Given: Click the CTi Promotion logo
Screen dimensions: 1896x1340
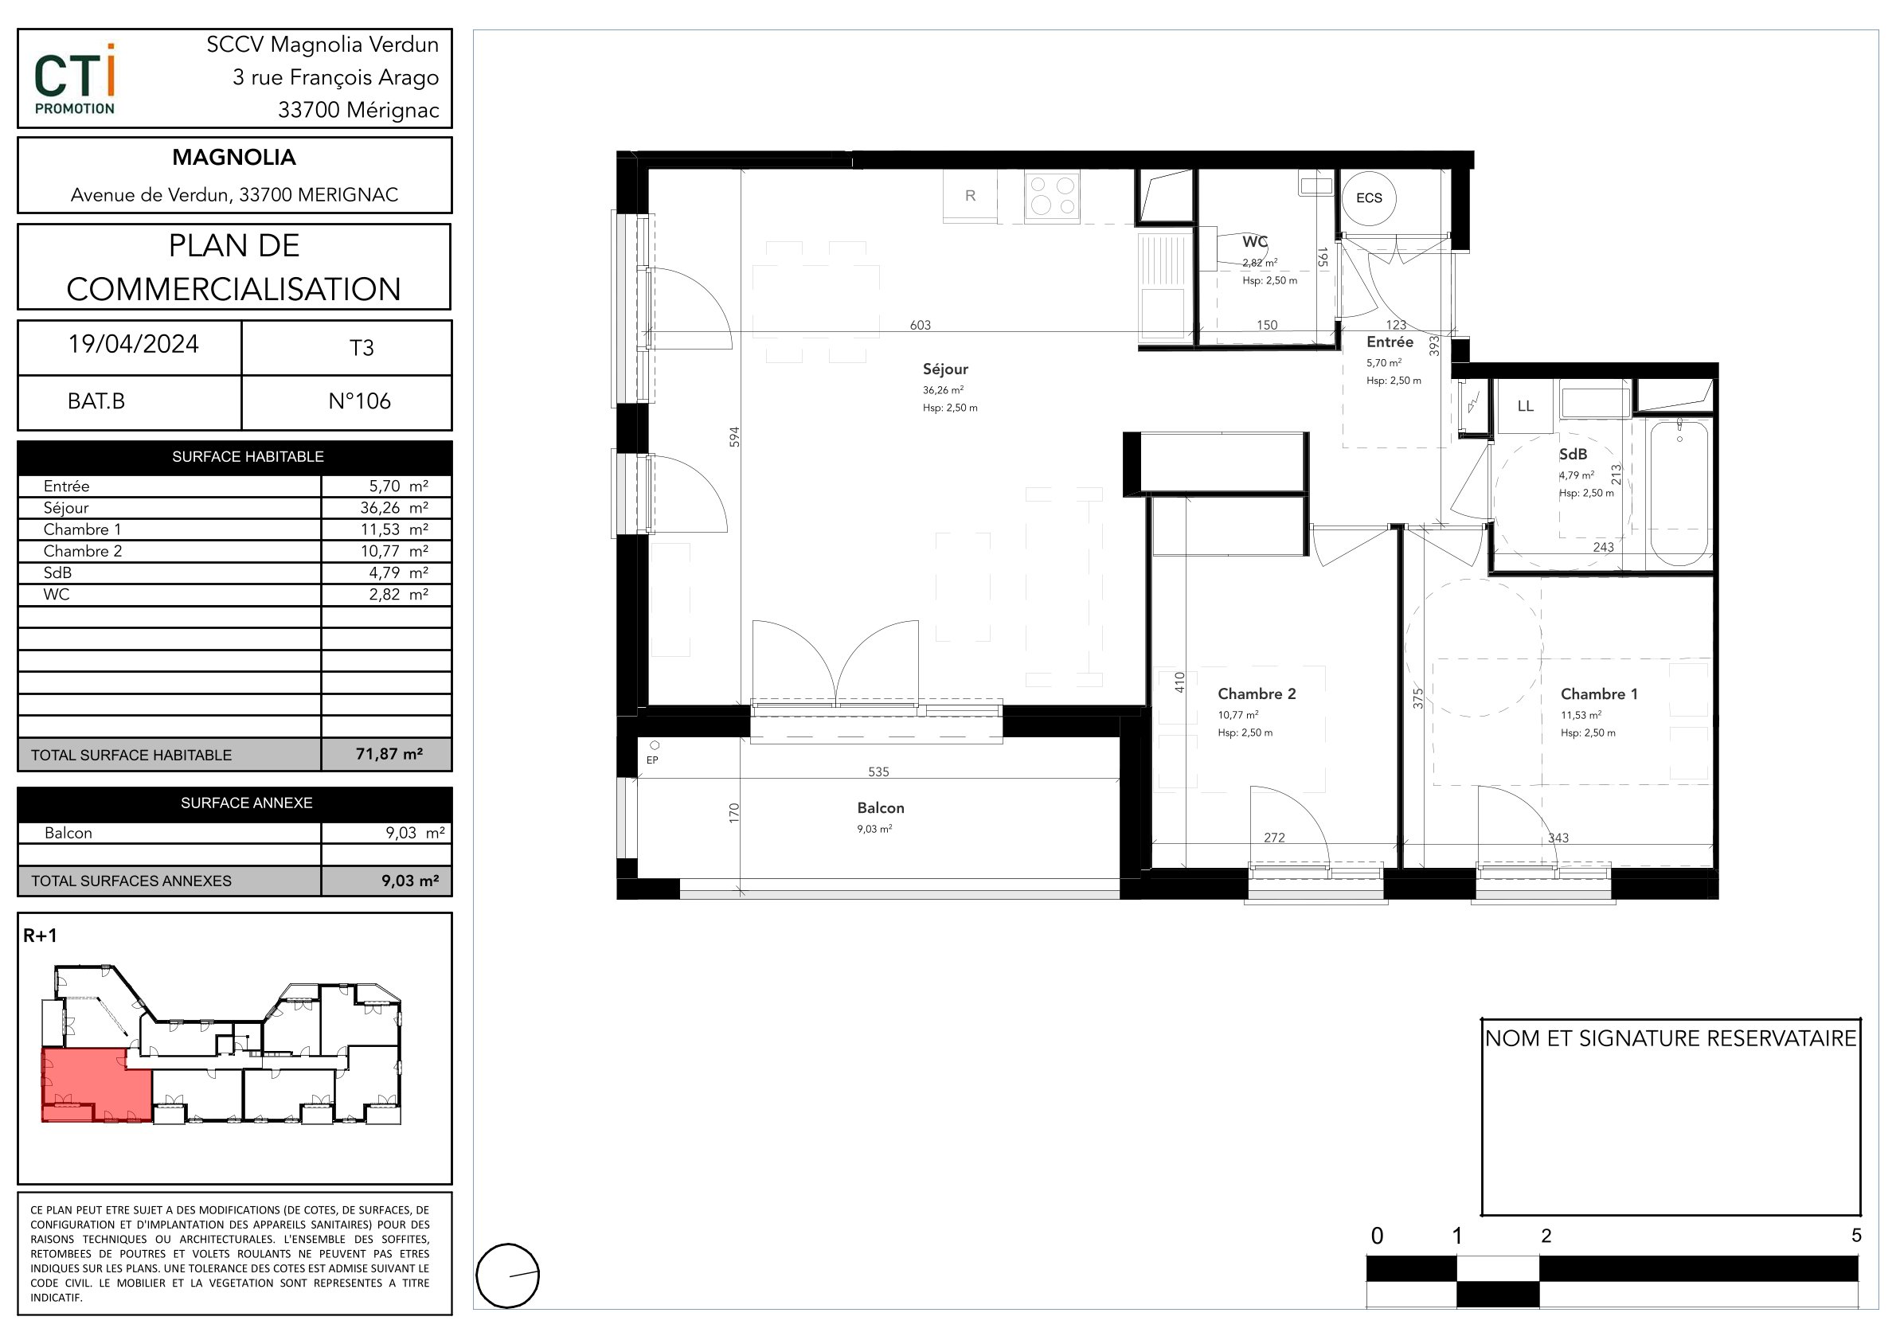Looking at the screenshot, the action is (x=74, y=80).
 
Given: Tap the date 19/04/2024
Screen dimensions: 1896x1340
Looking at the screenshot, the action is (x=133, y=344).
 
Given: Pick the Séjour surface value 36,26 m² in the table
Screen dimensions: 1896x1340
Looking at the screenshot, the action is (x=394, y=508).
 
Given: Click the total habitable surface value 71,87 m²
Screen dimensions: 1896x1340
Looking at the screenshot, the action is (x=389, y=754).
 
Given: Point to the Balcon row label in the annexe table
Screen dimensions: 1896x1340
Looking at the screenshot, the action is (x=68, y=833).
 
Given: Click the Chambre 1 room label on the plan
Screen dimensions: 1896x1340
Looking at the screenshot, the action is (x=1599, y=694).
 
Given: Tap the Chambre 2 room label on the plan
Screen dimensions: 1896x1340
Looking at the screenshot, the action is (x=1257, y=694).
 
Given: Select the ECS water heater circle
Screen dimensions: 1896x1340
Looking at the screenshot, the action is (x=1368, y=198).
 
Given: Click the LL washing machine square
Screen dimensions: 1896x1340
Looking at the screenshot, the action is (x=1525, y=406).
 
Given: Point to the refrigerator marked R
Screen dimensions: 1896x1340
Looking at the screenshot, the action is (x=970, y=196).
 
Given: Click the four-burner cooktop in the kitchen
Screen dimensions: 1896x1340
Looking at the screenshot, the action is (x=1052, y=196).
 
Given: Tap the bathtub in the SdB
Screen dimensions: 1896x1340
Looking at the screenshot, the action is (x=1679, y=493).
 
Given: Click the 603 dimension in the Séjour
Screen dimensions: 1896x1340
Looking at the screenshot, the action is (x=920, y=326).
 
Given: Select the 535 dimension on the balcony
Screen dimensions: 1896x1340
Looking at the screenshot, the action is (x=878, y=772).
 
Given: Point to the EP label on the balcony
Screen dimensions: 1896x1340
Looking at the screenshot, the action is (x=652, y=760).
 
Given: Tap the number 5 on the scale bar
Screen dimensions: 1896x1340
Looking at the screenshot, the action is (x=1856, y=1236).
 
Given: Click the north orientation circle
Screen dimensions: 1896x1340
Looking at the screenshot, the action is (x=508, y=1276).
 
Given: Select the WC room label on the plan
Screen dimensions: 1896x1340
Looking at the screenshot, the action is (x=1254, y=242).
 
